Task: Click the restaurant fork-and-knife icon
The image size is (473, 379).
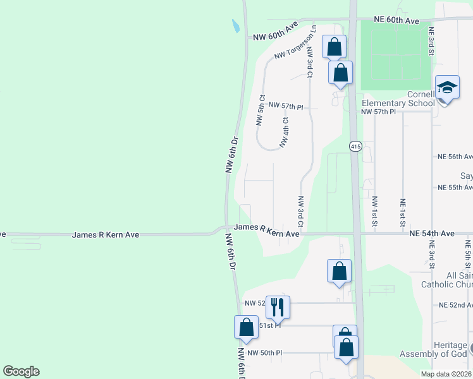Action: point(278,307)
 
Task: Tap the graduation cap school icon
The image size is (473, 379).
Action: point(446,88)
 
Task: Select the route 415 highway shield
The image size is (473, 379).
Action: point(355,147)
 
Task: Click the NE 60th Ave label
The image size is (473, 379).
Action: point(396,21)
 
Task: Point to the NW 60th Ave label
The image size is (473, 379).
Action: point(275,31)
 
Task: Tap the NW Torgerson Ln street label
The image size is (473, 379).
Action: point(295,45)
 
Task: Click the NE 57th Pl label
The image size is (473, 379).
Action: point(378,112)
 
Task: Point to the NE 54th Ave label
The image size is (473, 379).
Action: point(432,234)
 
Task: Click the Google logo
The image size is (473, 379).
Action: point(21,371)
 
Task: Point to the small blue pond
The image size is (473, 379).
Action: point(235,26)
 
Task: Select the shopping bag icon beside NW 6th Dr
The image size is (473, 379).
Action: point(246,327)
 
